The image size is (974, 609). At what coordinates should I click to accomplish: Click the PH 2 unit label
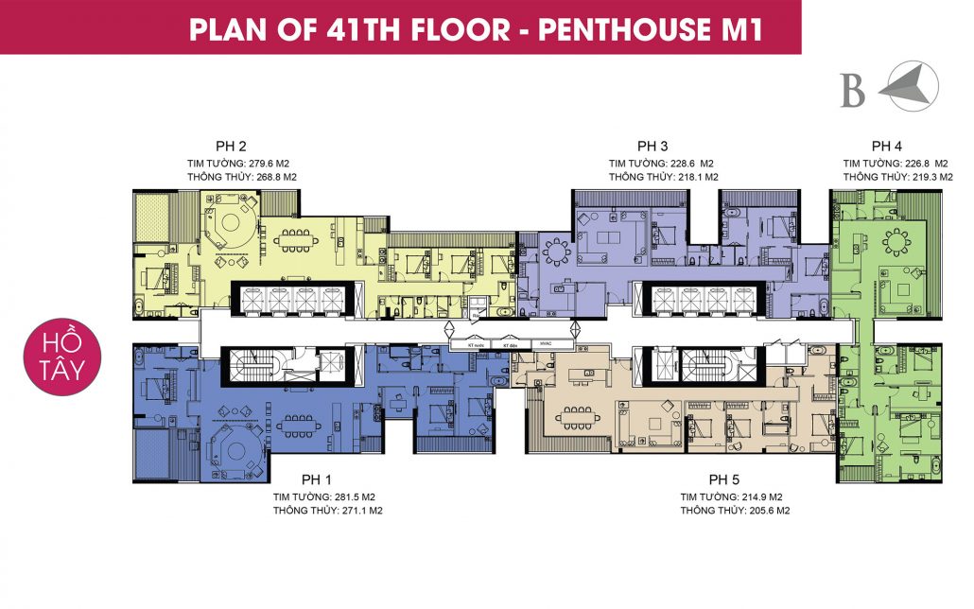pyautogui.click(x=231, y=147)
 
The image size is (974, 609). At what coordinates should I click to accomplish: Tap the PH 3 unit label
pyautogui.click(x=652, y=147)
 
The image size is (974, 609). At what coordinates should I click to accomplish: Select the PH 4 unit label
pyautogui.click(x=886, y=147)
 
